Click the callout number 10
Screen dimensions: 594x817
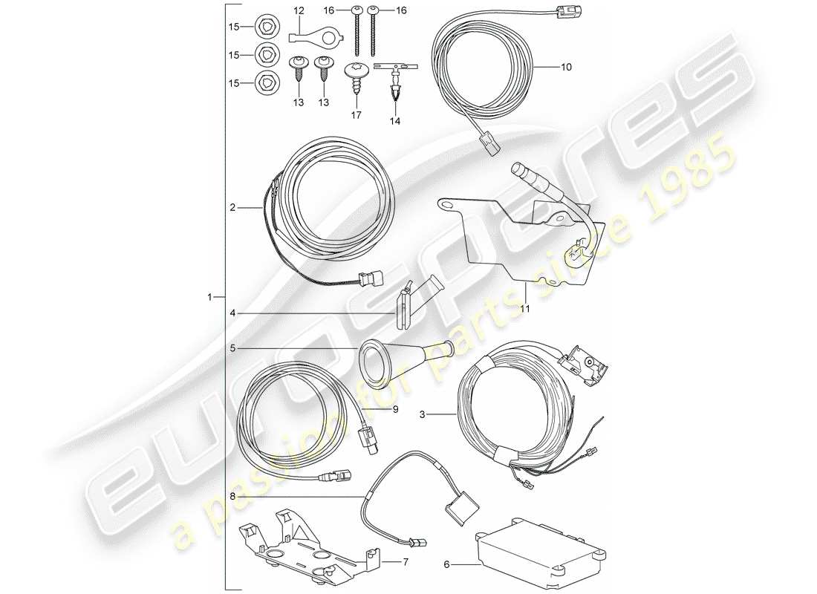click(x=566, y=67)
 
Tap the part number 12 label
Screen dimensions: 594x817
click(x=299, y=10)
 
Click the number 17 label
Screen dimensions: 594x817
click(x=356, y=115)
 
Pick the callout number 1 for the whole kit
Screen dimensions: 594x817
click(x=212, y=297)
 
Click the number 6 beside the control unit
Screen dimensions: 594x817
click(x=447, y=564)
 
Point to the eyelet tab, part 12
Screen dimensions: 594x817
click(x=305, y=34)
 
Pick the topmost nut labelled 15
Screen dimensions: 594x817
click(x=265, y=27)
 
